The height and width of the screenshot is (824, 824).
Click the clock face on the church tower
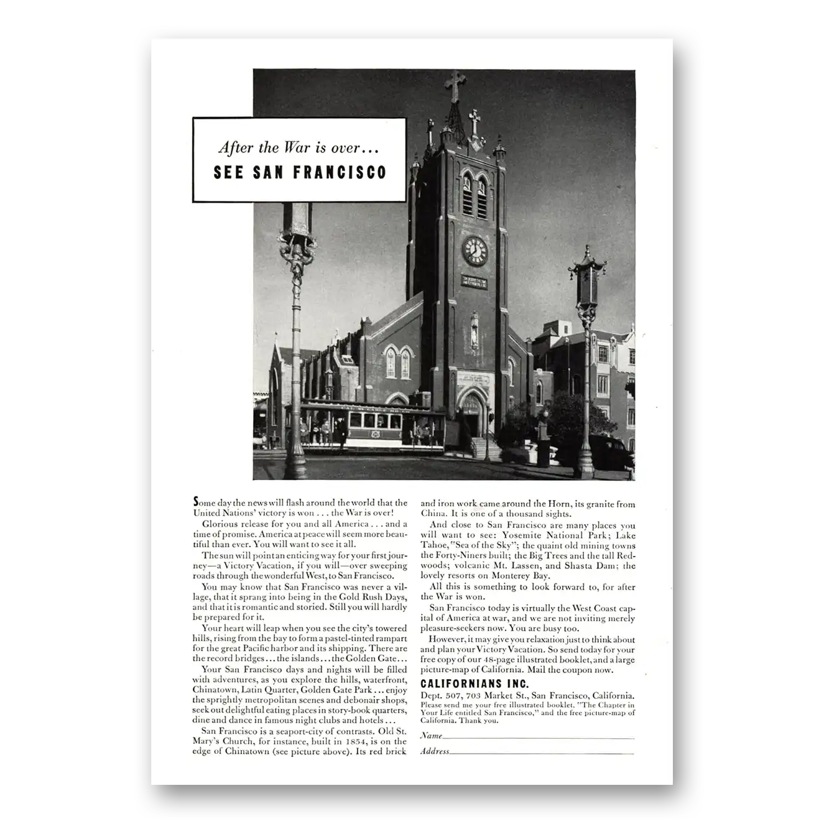[x=474, y=251]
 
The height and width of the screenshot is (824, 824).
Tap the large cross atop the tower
[x=455, y=85]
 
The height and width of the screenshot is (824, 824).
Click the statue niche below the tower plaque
[x=474, y=330]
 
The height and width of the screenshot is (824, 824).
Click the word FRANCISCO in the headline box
[x=340, y=172]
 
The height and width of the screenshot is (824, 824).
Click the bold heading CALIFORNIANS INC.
[x=474, y=684]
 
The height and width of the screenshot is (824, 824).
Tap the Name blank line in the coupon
[x=538, y=737]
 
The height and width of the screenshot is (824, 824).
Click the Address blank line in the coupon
[x=541, y=752]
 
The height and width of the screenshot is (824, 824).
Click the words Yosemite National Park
[x=544, y=535]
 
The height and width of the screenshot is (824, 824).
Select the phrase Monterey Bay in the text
[x=526, y=576]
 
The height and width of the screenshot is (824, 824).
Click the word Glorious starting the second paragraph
[x=220, y=524]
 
